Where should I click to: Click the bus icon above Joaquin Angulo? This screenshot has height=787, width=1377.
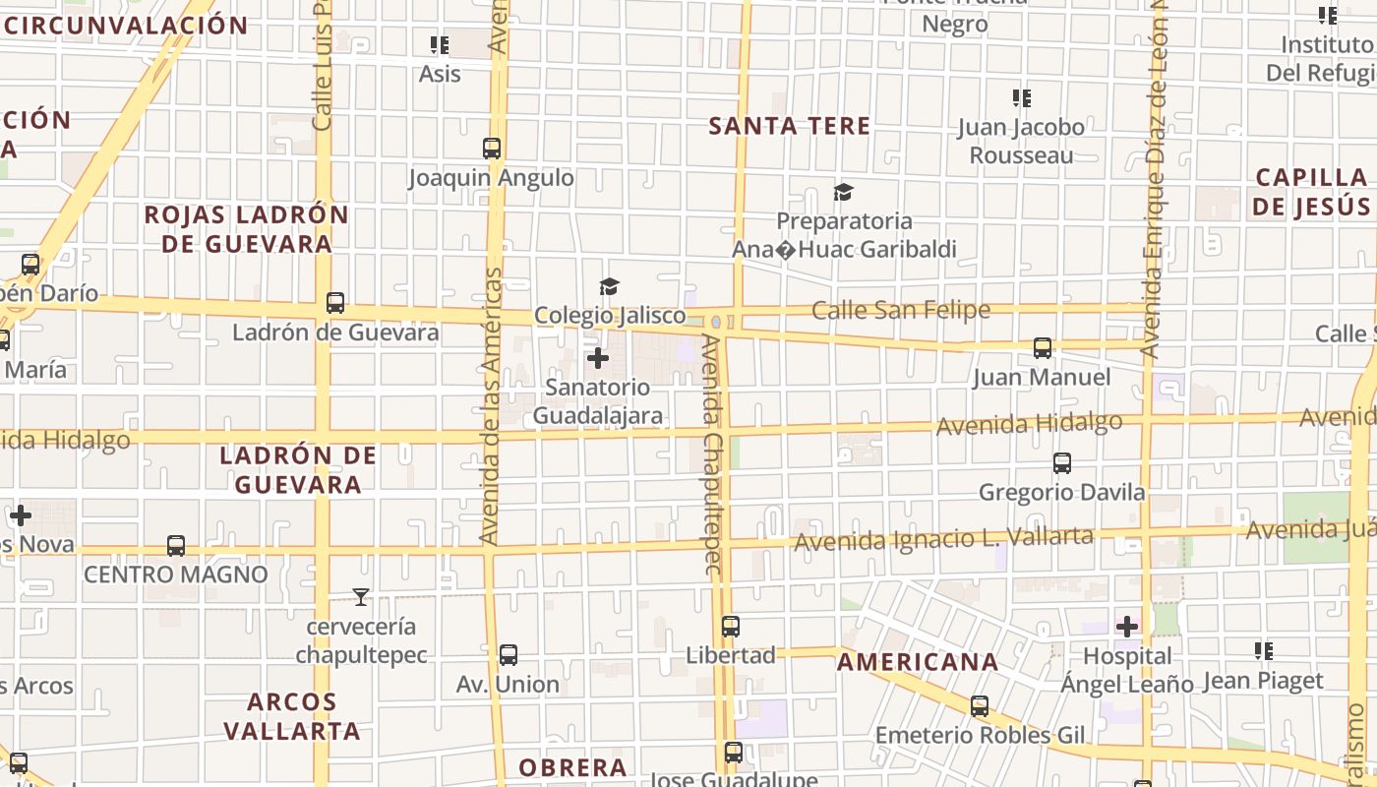click(x=492, y=149)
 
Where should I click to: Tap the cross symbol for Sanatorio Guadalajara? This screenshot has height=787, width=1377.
click(x=597, y=358)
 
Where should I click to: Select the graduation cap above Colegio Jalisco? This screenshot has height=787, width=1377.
click(x=610, y=286)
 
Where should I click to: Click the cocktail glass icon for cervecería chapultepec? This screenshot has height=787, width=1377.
click(x=361, y=596)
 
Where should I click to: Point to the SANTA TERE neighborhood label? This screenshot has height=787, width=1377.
click(x=790, y=126)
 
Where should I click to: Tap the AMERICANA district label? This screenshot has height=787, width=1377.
click(x=918, y=662)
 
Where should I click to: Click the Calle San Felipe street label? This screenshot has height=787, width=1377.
click(x=901, y=311)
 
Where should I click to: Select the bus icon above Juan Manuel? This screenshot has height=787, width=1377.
click(x=1043, y=347)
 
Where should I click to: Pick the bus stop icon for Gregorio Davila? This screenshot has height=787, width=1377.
click(x=1062, y=462)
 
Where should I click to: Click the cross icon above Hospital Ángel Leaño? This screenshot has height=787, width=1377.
click(x=1127, y=626)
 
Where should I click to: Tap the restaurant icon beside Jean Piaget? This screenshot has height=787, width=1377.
click(x=1264, y=650)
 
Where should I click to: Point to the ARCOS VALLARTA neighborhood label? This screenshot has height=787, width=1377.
click(x=291, y=716)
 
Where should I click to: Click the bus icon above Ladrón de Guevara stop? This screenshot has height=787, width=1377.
click(x=335, y=302)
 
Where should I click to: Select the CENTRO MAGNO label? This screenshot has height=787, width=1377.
click(x=176, y=575)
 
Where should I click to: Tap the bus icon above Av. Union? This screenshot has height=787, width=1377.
click(x=509, y=654)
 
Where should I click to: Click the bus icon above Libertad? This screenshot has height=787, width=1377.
click(x=731, y=626)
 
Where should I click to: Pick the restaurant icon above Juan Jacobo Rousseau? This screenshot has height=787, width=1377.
click(x=1022, y=97)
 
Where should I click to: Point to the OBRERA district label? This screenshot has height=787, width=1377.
click(x=572, y=767)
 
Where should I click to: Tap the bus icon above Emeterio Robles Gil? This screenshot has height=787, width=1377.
click(x=980, y=705)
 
